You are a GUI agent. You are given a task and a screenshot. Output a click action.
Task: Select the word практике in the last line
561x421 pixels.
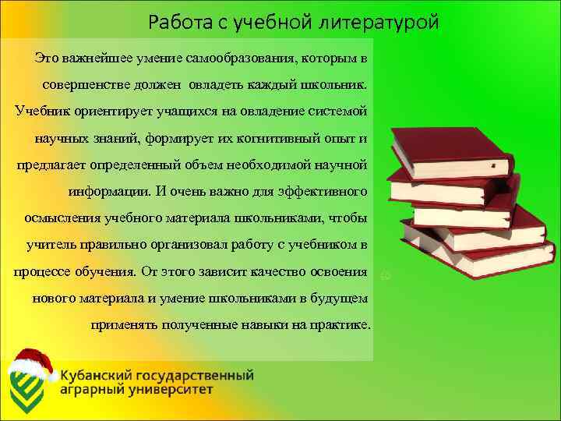pos(337,325)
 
